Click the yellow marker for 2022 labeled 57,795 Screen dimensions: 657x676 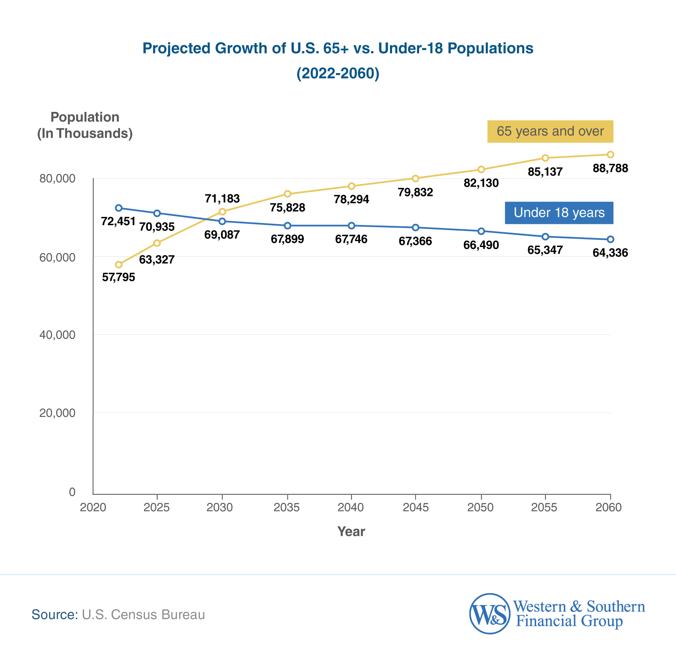[119, 265]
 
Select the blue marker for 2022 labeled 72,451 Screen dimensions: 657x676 [119, 208]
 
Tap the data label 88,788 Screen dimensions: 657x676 [611, 168]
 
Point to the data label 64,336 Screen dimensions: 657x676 [611, 253]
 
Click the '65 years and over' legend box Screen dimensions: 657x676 [550, 131]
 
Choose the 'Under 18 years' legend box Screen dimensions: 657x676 [559, 212]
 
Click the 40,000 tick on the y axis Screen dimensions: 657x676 [57, 335]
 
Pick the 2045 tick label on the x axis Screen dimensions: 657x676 [415, 507]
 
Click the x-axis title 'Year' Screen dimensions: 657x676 [351, 531]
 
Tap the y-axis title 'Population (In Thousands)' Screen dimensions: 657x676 [85, 125]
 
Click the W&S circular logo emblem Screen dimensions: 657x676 [490, 614]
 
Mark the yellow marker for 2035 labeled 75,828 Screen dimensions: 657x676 [288, 194]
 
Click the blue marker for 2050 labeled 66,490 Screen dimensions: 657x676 [481, 231]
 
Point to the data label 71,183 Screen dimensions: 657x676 [222, 198]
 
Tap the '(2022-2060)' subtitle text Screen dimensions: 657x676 [338, 73]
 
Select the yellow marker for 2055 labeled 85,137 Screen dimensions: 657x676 [545, 158]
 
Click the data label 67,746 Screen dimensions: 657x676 [351, 239]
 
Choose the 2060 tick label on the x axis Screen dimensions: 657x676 [608, 507]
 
